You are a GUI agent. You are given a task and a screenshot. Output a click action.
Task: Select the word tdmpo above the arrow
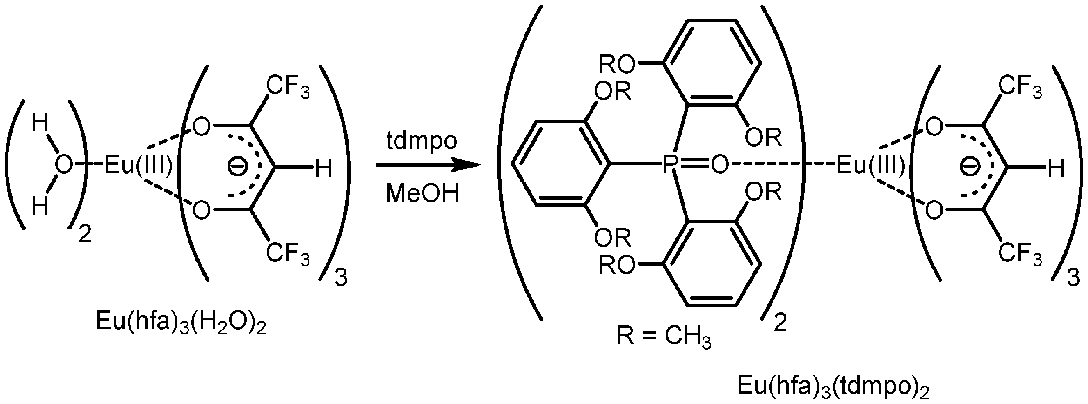coord(422,141)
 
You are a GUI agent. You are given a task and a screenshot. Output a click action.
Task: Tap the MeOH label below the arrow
coord(422,194)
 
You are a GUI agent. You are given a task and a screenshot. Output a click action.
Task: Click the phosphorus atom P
coord(669,165)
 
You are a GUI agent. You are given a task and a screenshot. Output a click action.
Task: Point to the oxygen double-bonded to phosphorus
coord(719,165)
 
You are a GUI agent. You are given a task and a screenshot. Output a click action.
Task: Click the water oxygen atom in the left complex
coord(64,165)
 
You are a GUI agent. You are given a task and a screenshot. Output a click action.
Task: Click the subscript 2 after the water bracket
coord(85,236)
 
